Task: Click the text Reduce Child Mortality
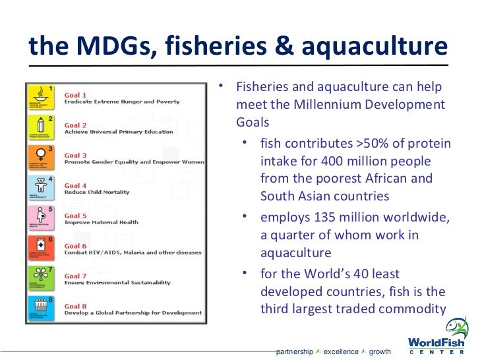pyautogui.click(x=97, y=193)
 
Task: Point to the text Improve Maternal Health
pyautogui.click(x=101, y=223)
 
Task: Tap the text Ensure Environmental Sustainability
pyautogui.click(x=117, y=283)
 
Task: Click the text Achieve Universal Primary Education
pyautogui.click(x=119, y=132)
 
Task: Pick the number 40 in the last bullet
pyautogui.click(x=359, y=274)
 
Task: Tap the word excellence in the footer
pyautogui.click(x=341, y=352)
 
